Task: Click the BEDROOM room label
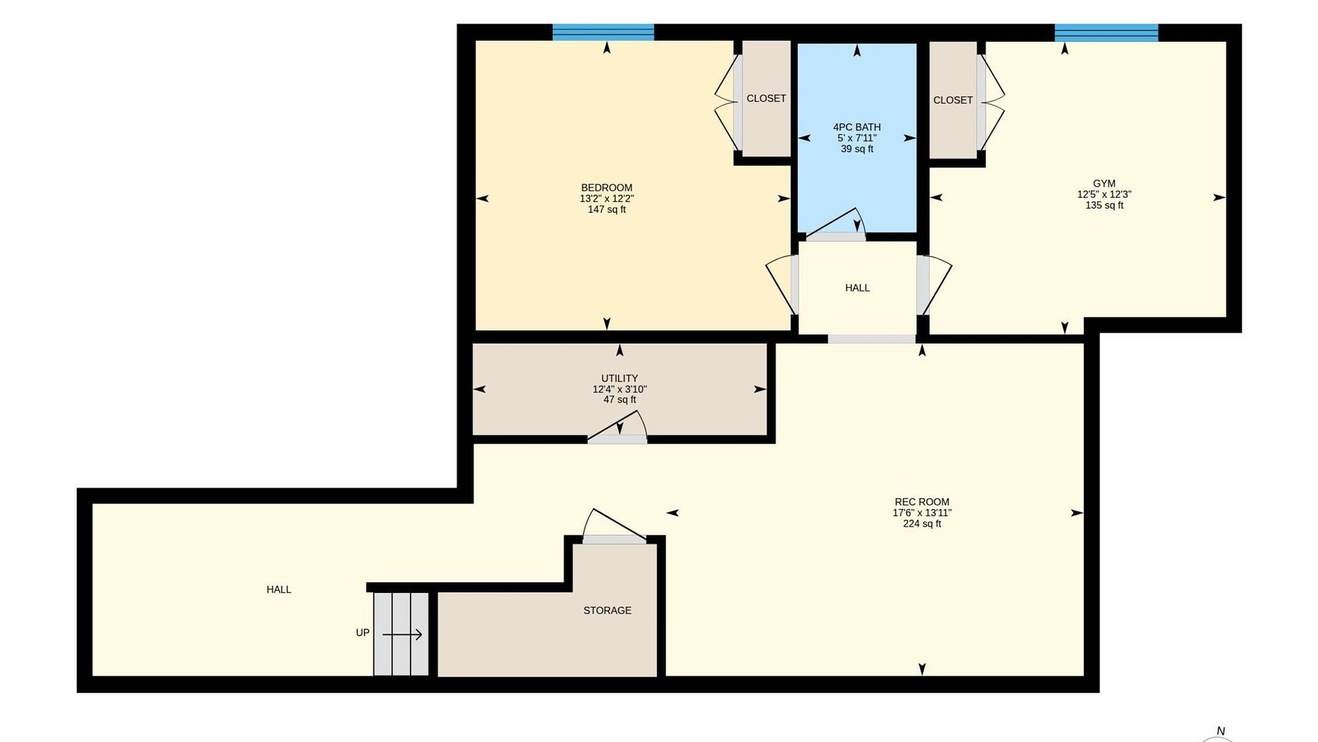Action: click(x=607, y=188)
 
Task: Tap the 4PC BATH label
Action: click(x=857, y=127)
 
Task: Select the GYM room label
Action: click(x=1104, y=183)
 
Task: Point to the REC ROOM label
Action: click(x=922, y=502)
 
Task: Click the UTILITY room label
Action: click(x=619, y=379)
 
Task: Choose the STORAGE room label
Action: click(x=608, y=610)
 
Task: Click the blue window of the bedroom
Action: click(x=603, y=32)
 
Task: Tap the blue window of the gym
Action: click(x=1107, y=32)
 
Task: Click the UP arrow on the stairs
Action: click(x=402, y=635)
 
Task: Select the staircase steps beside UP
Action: click(x=401, y=634)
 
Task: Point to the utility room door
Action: click(x=616, y=427)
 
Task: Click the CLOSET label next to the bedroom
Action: click(x=766, y=98)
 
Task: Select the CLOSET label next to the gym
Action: click(x=953, y=100)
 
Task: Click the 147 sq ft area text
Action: click(x=607, y=210)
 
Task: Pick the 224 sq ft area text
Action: click(x=922, y=524)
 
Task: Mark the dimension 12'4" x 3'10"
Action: click(x=620, y=389)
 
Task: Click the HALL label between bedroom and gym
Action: click(x=857, y=288)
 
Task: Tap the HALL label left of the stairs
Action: click(x=279, y=589)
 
